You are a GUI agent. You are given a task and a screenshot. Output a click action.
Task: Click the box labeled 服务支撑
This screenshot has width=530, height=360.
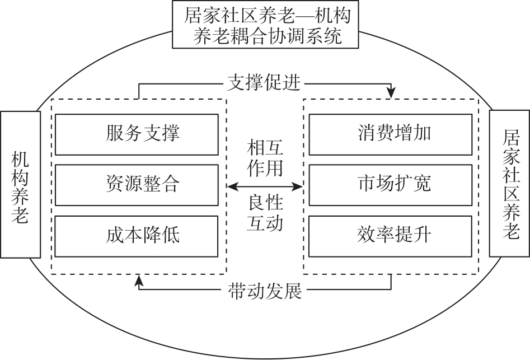coord(137,134)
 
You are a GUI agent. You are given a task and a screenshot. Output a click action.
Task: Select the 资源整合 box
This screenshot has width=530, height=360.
coord(137,185)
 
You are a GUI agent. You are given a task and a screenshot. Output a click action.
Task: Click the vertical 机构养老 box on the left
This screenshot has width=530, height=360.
coord(21,184)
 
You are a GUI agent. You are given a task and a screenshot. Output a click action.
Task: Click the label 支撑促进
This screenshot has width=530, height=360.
coord(265,84)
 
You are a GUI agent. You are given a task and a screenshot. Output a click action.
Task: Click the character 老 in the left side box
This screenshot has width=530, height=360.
coord(21,216)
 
